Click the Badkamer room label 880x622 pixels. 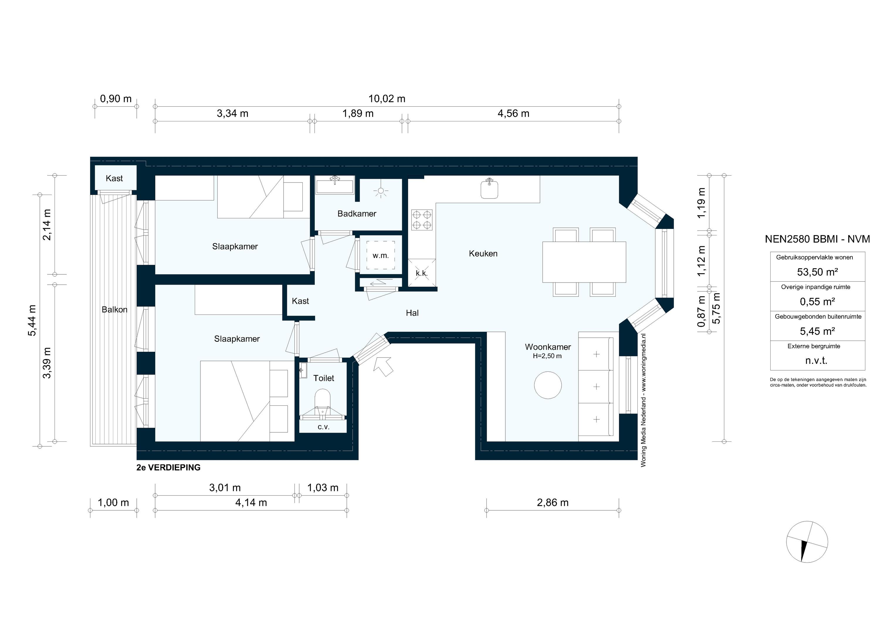coord(356,214)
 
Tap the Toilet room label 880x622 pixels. coord(324,378)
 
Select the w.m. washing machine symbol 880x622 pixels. coord(380,256)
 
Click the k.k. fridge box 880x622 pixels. coord(422,273)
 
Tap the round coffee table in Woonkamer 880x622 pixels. coord(548,385)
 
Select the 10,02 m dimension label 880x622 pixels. coord(387,99)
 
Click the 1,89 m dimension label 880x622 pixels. coord(358,113)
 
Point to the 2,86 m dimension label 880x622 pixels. coord(552,502)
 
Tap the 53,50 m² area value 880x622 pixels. coord(817,272)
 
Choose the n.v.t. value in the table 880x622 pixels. coord(816,361)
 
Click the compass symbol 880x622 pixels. coord(807,542)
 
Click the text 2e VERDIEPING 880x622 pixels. coord(168,467)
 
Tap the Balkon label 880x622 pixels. coord(114,310)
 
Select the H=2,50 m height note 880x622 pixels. coord(547,356)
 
